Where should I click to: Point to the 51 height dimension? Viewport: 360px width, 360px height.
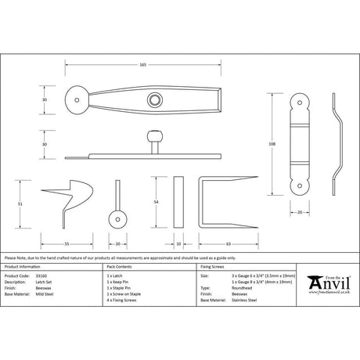tap(19, 203)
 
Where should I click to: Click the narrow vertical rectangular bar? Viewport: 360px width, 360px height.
tap(178, 202)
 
